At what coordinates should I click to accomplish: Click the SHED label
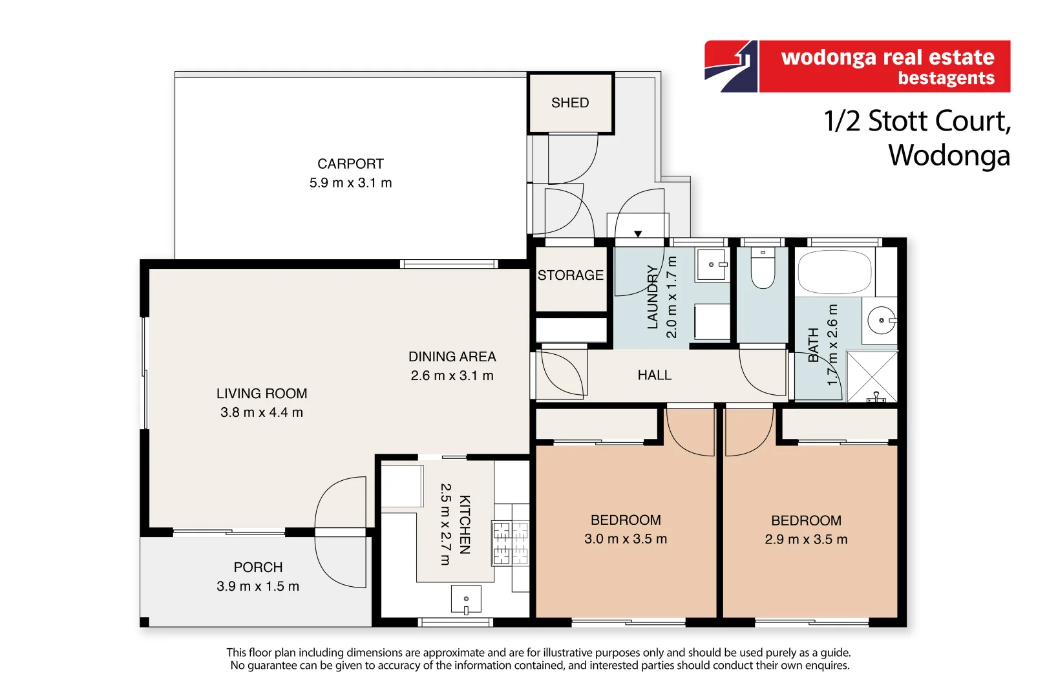point(570,103)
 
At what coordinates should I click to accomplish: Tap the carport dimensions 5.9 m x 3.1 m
point(350,183)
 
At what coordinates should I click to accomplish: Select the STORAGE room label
point(570,275)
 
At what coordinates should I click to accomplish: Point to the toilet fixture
point(763,268)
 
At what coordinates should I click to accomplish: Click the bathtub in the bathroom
point(834,271)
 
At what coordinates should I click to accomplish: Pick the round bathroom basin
point(882,321)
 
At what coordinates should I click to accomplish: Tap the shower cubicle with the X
point(872,377)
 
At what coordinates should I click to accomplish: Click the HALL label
point(654,375)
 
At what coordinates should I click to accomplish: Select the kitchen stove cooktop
point(510,543)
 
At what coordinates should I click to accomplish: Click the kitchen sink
point(466,599)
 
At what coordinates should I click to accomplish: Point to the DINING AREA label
point(452,357)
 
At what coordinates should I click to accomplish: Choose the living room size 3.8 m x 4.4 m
point(262,412)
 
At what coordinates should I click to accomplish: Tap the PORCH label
point(258,567)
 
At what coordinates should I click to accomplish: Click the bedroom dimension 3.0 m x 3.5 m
point(626,539)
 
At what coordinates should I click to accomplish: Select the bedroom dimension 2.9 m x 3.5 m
point(806,540)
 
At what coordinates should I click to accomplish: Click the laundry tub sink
point(712,265)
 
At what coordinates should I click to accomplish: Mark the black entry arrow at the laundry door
point(638,234)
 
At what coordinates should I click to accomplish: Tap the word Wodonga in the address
point(949,156)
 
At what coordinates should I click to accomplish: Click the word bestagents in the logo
point(946,78)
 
